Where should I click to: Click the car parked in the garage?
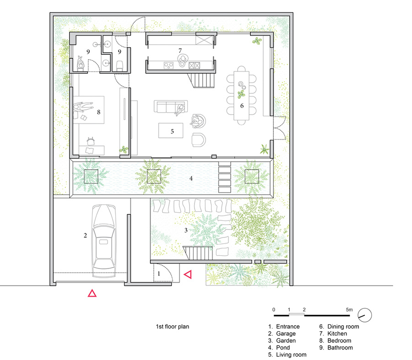104,241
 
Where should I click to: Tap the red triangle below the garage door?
92,293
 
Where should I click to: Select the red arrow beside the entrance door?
188,274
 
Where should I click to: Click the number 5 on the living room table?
172,131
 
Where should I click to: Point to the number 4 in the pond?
191,178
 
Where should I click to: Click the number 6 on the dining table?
242,106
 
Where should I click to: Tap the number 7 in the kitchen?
180,50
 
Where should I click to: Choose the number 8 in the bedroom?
98,112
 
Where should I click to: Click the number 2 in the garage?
85,235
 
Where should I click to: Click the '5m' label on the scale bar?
349,310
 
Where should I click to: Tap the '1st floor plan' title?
173,327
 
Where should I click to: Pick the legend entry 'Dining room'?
343,327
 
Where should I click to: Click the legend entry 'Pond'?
283,347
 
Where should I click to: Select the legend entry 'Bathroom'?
340,347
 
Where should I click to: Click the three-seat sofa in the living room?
171,106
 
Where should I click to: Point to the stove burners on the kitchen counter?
168,65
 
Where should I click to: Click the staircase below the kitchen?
202,81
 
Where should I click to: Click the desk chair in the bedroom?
91,141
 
